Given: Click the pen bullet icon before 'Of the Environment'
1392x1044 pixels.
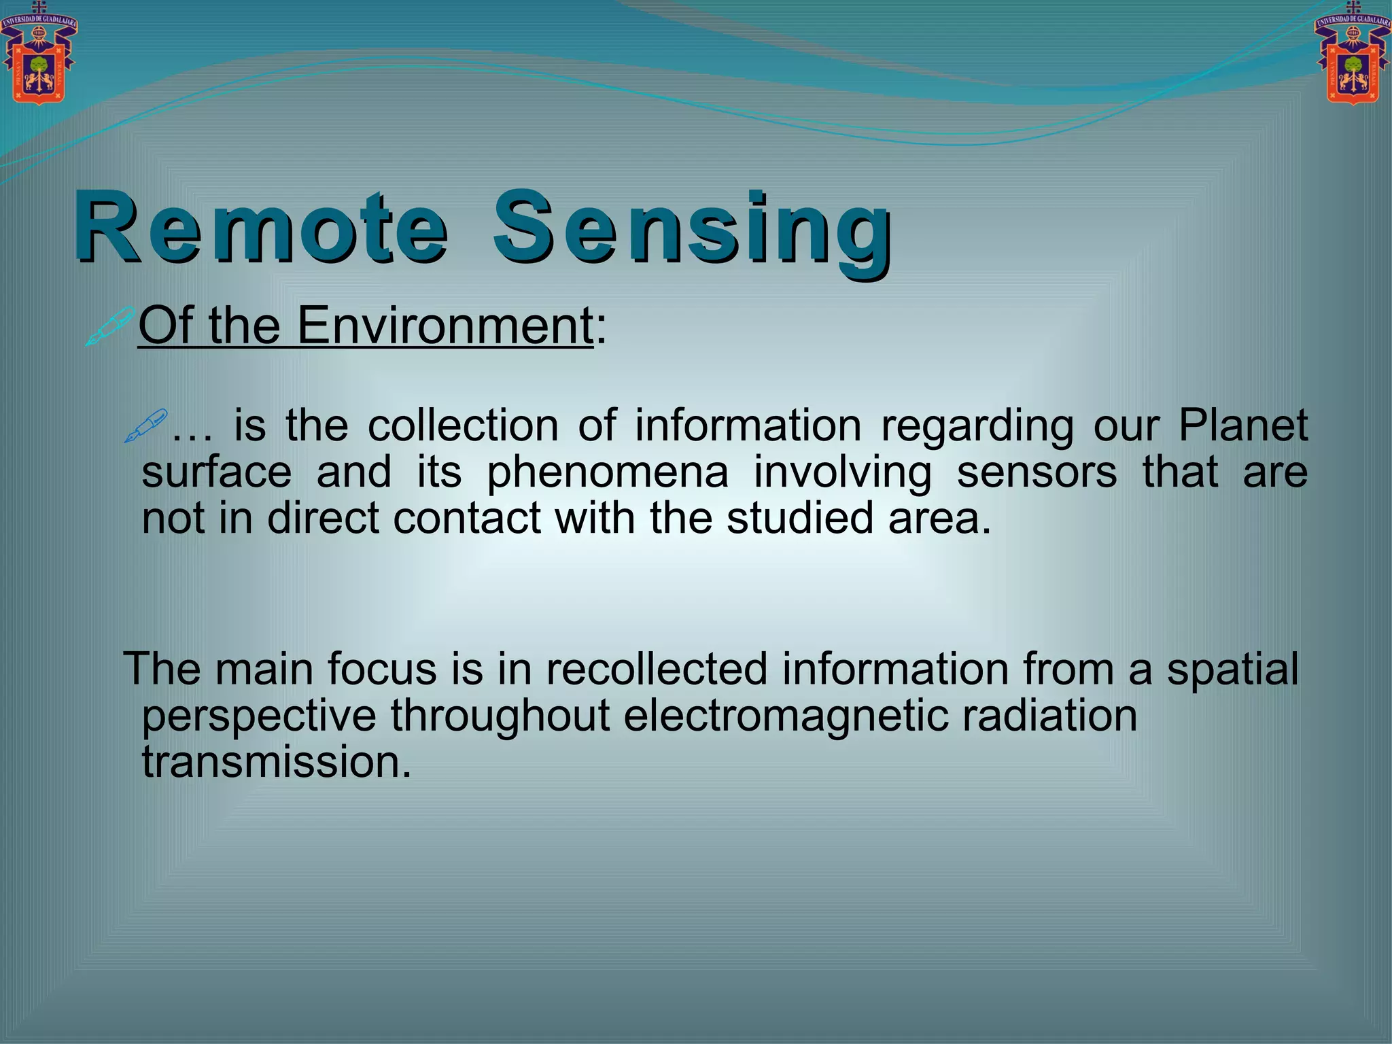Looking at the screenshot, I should tap(109, 326).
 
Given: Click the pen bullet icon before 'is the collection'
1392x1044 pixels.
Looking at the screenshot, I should tap(145, 426).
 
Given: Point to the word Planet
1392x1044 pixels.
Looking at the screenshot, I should tap(1242, 425).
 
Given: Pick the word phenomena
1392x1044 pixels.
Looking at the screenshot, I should tap(607, 472).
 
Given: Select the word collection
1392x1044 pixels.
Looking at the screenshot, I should tap(463, 425).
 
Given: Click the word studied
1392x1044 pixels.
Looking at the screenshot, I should tap(799, 518).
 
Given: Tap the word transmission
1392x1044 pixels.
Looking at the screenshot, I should tap(277, 762).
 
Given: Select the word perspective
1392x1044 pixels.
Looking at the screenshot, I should tap(259, 716).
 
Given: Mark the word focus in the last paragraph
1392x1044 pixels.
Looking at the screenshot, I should tap(382, 668).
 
